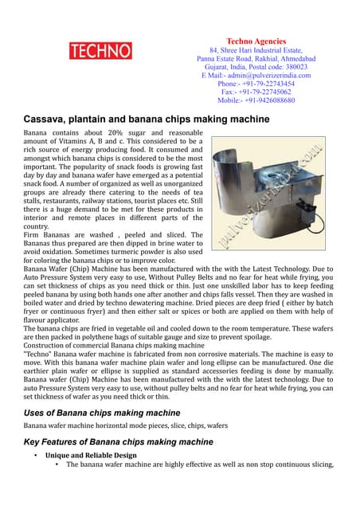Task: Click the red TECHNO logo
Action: pyautogui.click(x=100, y=52)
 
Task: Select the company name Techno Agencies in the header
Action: pyautogui.click(x=256, y=41)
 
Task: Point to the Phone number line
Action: pyautogui.click(x=256, y=84)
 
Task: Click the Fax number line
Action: pyautogui.click(x=256, y=92)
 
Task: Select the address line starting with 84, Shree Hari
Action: pyautogui.click(x=256, y=50)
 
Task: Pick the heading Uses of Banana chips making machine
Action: pyautogui.click(x=102, y=412)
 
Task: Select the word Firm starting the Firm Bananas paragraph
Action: pyautogui.click(x=32, y=234)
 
